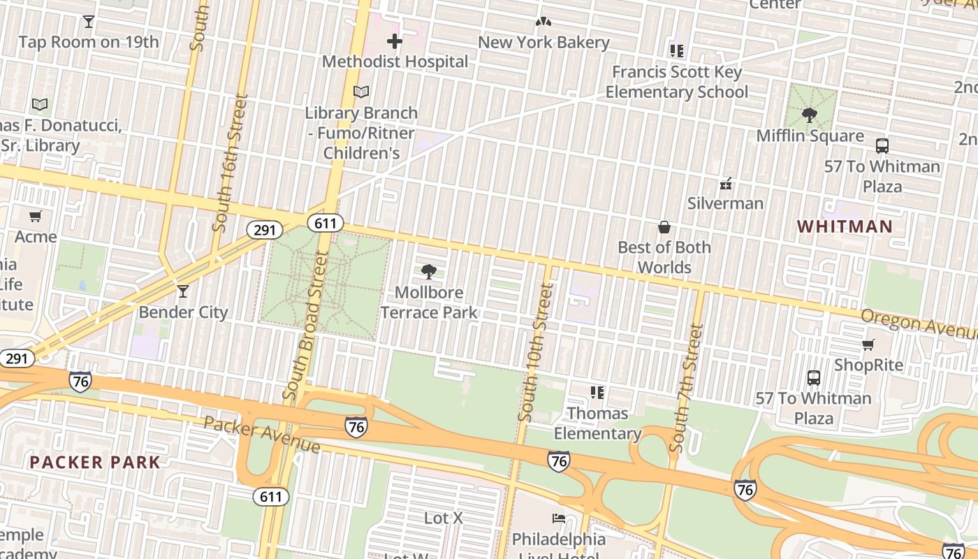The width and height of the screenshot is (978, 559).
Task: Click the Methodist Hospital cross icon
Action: [x=395, y=41]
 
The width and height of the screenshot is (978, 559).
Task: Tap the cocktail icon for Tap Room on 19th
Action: [x=89, y=22]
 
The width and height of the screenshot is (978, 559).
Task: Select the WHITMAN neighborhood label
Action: [x=845, y=226]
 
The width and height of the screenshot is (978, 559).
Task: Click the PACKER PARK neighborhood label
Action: [x=95, y=462]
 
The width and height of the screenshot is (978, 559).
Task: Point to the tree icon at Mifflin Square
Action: [x=810, y=115]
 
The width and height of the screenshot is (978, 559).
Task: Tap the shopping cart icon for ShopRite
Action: [x=868, y=344]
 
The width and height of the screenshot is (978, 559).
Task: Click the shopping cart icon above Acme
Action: [x=36, y=216]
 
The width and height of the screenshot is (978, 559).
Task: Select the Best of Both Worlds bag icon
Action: [x=664, y=227]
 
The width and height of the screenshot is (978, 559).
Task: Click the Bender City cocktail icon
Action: [x=183, y=291]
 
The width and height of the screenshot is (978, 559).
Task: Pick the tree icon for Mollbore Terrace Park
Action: [x=429, y=272]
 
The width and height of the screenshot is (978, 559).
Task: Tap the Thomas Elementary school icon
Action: [x=597, y=393]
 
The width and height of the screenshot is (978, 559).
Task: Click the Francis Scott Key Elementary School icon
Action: [x=676, y=51]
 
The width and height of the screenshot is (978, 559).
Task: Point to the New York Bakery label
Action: [x=543, y=43]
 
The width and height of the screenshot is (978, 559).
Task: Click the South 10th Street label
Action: [x=536, y=353]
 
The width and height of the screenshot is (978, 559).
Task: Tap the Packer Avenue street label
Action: [x=262, y=434]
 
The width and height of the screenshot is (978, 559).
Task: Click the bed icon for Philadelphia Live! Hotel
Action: [x=558, y=518]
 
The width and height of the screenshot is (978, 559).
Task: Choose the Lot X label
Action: [x=444, y=518]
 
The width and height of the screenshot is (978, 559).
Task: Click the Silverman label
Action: [x=725, y=203]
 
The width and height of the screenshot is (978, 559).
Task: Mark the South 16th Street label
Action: [x=230, y=162]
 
